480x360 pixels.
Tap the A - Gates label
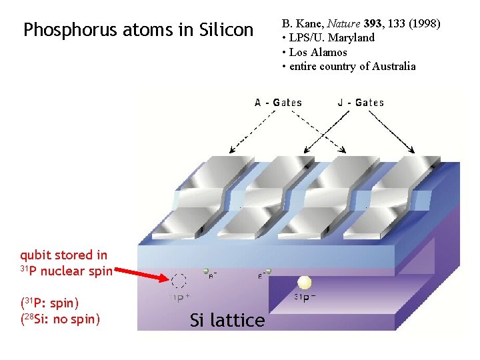tap(278, 103)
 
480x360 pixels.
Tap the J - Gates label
tap(361, 103)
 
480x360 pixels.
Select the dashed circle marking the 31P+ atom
tap(179, 281)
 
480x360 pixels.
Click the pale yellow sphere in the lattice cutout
tap(305, 282)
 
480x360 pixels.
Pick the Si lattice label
tap(227, 321)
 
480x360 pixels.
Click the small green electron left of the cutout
tap(207, 272)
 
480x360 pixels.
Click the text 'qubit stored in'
tap(63, 255)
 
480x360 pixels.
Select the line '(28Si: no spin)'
tap(60, 319)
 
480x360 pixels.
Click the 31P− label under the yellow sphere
tap(305, 297)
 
